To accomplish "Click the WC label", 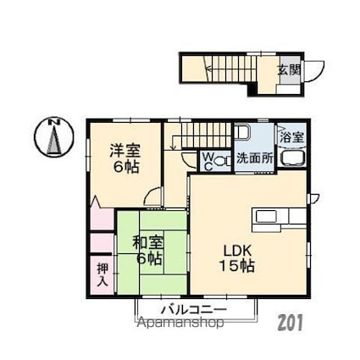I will coord(207,159).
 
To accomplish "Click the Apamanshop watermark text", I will coord(177,323).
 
